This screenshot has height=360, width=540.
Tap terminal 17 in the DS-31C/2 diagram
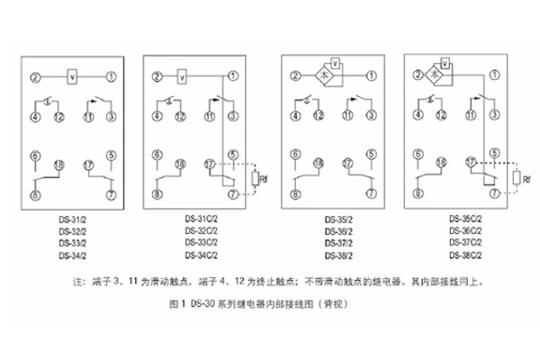click(209, 166)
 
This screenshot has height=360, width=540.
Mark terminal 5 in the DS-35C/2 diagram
click(492, 155)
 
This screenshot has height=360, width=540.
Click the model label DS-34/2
click(74, 254)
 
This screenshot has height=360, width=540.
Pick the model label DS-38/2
click(339, 256)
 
